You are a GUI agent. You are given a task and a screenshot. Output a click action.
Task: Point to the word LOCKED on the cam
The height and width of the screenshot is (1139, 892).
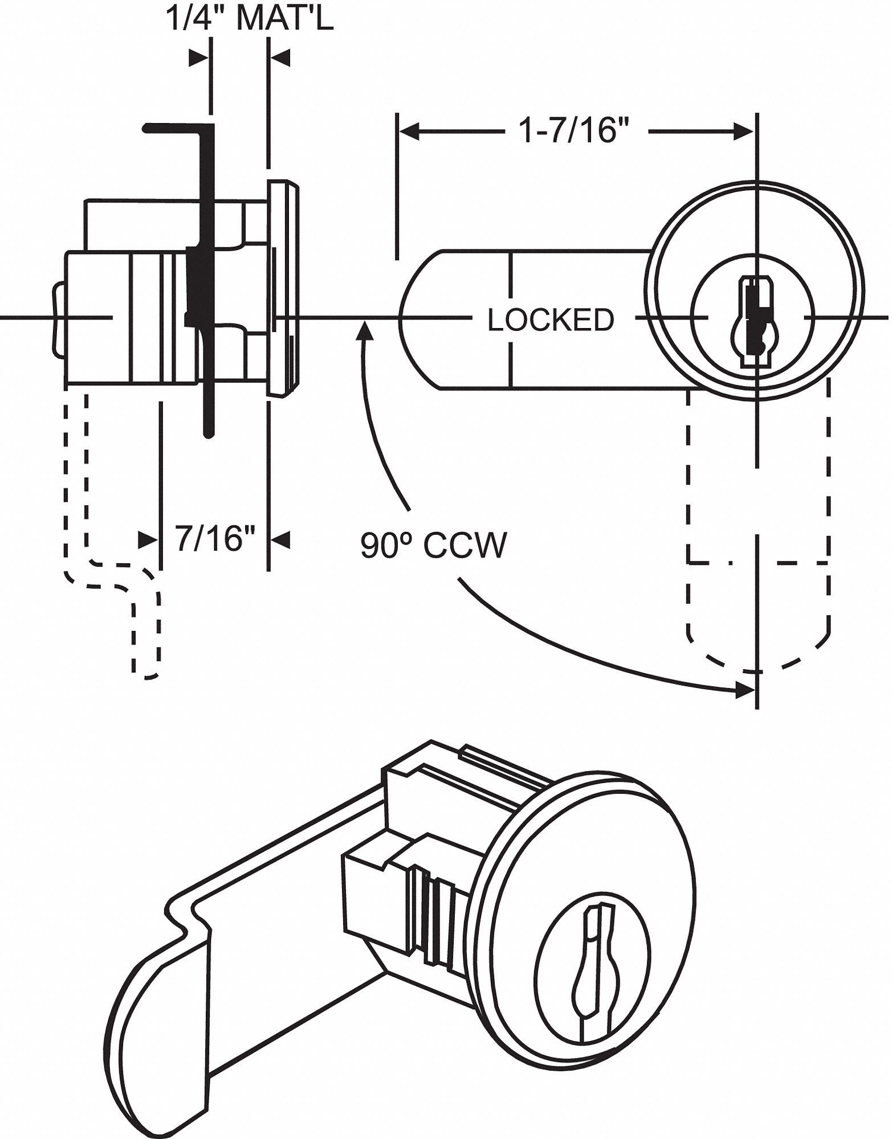tap(551, 320)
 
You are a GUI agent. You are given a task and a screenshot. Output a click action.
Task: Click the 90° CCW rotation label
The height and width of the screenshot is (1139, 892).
tap(433, 546)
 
